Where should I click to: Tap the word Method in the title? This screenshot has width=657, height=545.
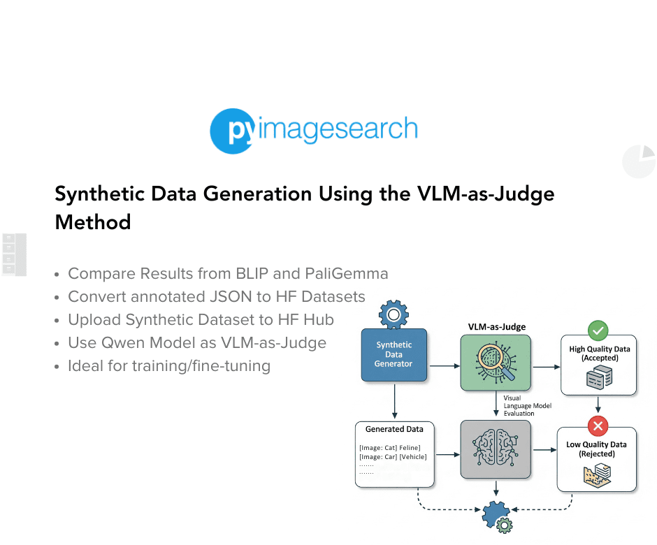click(93, 222)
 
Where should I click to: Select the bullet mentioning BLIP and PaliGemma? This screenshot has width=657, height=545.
click(228, 274)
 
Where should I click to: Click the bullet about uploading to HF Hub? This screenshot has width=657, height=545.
click(201, 320)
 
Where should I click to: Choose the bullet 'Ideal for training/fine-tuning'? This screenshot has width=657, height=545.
click(168, 366)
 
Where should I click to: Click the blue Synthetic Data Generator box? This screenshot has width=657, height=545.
click(394, 354)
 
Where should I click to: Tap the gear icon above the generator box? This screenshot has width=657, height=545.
click(393, 315)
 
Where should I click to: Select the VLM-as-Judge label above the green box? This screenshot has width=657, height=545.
click(496, 326)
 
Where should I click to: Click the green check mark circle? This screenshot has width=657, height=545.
click(598, 330)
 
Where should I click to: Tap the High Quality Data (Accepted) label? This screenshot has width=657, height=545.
click(599, 354)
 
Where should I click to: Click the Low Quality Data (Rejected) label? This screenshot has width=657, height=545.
click(596, 449)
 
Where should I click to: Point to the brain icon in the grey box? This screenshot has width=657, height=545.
click(496, 449)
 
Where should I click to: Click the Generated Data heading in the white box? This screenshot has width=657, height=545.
click(394, 429)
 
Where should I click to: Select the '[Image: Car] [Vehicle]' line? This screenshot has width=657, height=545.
click(392, 457)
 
